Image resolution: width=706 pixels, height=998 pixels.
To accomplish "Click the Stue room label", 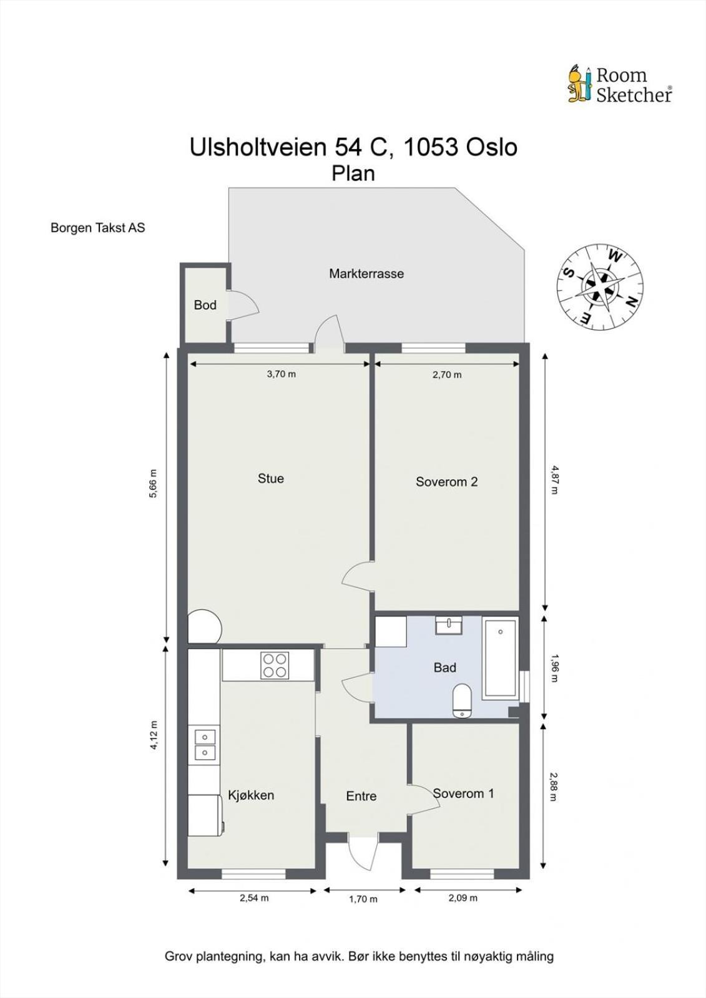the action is pos(271,478).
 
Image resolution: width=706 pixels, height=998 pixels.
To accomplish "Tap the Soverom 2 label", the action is pos(446,482).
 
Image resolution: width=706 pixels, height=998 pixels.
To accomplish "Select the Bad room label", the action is pos(444,667).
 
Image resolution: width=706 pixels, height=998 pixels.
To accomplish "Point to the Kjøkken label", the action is pos(251,795).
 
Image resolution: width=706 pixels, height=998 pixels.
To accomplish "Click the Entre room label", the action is pos(361,796).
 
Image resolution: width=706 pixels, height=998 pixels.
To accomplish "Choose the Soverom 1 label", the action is pos(463,793).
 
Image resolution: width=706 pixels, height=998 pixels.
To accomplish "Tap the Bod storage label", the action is pos(205,305).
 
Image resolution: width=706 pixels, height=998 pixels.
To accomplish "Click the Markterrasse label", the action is pos(366,274).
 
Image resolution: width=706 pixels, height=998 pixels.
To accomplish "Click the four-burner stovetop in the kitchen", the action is pos(275,665).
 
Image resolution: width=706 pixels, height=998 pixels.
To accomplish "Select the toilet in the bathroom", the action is pos(463,701).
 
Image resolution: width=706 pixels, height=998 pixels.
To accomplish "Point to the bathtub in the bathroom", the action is pos(500,658).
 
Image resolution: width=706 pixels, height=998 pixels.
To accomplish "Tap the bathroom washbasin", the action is pos(449,625).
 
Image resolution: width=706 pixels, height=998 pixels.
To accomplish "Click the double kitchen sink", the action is pos(204,745).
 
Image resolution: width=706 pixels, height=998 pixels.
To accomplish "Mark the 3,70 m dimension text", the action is pos(282,374).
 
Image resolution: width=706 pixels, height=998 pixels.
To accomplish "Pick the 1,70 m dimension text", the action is pos(363,899).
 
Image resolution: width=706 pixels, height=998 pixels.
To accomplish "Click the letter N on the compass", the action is pos(632,303).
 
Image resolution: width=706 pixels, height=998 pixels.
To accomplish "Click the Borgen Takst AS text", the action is pos(97,228).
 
